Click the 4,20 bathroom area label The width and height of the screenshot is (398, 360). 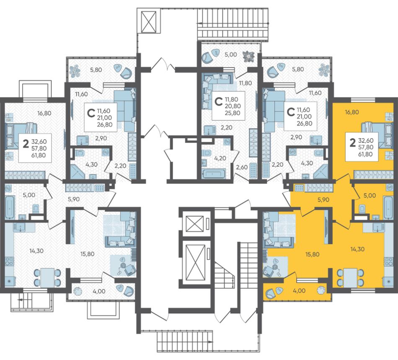tap(220, 158)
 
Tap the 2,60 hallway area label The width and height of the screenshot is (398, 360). tap(241, 167)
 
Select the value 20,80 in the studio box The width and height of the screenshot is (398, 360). tap(233, 106)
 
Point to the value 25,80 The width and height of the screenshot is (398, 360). tap(233, 113)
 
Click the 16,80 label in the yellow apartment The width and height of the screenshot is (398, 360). tap(351, 112)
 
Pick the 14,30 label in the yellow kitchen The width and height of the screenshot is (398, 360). tap(357, 249)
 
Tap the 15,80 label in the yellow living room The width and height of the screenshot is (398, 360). tap(312, 254)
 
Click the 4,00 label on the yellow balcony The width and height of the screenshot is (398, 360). tap(299, 291)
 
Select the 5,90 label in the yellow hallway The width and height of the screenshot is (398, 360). tap(323, 200)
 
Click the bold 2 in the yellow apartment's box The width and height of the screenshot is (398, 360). tap(352, 143)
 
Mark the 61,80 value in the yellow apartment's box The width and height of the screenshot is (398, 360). tap(366, 154)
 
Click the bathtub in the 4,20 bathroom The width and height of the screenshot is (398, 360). tap(214, 174)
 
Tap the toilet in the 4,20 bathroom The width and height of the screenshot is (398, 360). tap(206, 153)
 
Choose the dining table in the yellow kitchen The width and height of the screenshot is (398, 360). tap(350, 277)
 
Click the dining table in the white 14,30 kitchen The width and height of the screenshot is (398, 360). tap(47, 277)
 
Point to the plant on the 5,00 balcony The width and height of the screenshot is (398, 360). tap(248, 56)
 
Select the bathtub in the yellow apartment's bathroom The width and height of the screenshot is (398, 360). tap(389, 207)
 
